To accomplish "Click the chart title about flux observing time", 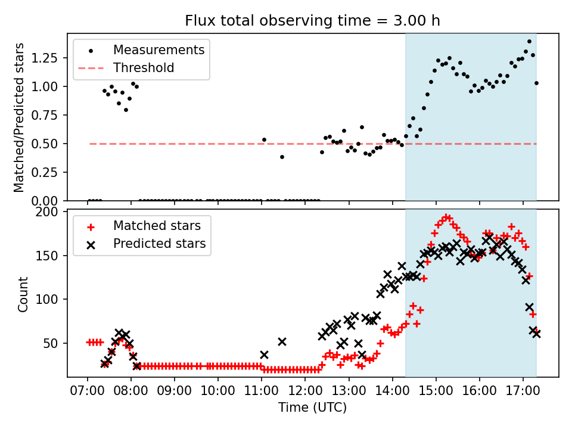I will tap(313, 21).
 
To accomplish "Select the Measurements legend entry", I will tap(158, 49).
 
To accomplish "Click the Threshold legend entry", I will tap(144, 68).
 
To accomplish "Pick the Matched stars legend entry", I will tap(157, 226).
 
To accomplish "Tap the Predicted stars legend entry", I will tap(159, 244).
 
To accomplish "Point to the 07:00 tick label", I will tap(88, 393).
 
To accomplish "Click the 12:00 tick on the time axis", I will tap(305, 393).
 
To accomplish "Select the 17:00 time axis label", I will tap(523, 393).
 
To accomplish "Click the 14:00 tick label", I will tap(392, 393).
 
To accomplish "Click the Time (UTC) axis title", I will tap(312, 408).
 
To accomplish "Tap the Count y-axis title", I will tap(23, 294).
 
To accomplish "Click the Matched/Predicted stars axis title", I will tap(19, 117).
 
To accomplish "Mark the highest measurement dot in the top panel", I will tap(529, 42).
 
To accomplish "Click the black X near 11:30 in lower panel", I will tap(282, 342).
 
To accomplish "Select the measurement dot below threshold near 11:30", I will tap(282, 157).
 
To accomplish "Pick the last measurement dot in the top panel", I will tap(536, 83).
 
